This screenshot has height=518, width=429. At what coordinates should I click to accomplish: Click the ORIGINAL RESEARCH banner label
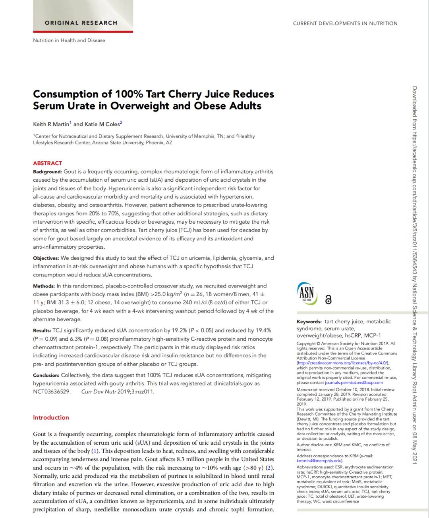pyautogui.click(x=81, y=23)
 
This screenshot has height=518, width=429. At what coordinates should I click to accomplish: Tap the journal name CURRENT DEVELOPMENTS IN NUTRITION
pyautogui.click(x=345, y=23)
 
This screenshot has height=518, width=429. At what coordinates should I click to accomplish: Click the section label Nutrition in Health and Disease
pyautogui.click(x=69, y=40)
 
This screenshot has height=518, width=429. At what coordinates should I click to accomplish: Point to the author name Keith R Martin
pyautogui.click(x=51, y=124)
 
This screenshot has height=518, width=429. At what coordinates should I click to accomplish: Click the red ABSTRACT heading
pyautogui.click(x=48, y=163)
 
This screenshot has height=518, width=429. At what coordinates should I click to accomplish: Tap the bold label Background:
pyautogui.click(x=47, y=172)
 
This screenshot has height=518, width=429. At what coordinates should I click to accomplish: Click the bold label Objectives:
pyautogui.click(x=46, y=258)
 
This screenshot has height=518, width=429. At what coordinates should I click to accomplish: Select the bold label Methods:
pyautogui.click(x=44, y=286)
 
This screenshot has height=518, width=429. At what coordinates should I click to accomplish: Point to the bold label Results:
pyautogui.click(x=42, y=330)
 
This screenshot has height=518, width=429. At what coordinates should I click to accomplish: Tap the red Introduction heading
pyautogui.click(x=51, y=418)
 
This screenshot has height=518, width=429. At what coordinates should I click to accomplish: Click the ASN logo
pyautogui.click(x=307, y=294)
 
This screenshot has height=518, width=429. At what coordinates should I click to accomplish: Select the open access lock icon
pyautogui.click(x=329, y=300)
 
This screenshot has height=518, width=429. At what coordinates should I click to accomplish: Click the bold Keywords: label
pyautogui.click(x=309, y=322)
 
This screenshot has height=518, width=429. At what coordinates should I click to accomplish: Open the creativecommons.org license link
pyautogui.click(x=343, y=363)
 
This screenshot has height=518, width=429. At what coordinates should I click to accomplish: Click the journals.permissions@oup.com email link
pyautogui.click(x=354, y=383)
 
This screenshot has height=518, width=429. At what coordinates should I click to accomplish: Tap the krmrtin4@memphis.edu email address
pyautogui.click(x=319, y=461)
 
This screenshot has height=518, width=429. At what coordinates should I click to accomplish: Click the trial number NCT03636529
pyautogui.click(x=52, y=392)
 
